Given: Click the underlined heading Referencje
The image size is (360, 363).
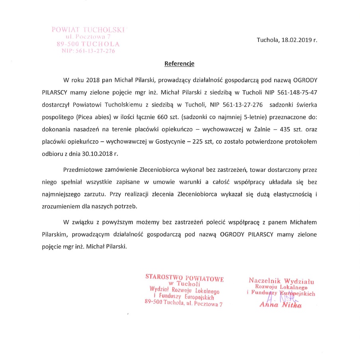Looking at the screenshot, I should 179,63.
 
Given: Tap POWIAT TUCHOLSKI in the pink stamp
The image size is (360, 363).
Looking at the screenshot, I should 88,30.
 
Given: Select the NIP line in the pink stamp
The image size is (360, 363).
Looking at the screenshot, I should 88,51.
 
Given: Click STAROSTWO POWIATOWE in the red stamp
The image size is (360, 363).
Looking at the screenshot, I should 184,278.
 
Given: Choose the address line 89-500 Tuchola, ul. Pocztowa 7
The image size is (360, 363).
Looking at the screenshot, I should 183,304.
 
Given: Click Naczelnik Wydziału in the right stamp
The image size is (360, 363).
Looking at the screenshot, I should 281,281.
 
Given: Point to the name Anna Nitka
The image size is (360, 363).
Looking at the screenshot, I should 280,306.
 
